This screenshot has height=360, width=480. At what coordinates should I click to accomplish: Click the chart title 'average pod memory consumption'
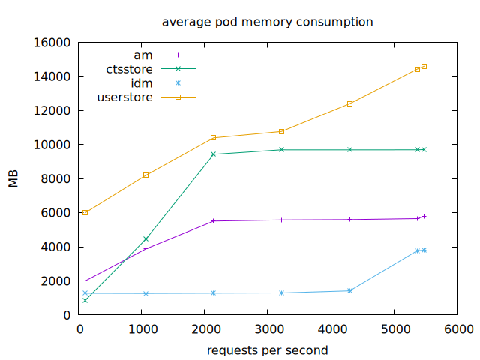267,22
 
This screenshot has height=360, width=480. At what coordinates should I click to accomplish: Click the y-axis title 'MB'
13,179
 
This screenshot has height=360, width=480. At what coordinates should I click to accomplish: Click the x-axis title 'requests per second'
267,349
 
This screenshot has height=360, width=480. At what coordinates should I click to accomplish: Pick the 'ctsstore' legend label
129,69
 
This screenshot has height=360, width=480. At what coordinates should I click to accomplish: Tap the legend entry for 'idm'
142,83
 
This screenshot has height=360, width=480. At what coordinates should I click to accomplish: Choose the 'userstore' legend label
125,97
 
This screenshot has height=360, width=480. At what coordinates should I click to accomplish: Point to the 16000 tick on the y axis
57,43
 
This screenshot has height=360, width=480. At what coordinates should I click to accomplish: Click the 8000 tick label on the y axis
60,179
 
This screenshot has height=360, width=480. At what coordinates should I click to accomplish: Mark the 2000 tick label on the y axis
60,281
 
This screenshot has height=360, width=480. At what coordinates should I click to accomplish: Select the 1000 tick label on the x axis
143,328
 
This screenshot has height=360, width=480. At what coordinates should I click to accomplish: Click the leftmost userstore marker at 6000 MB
85,213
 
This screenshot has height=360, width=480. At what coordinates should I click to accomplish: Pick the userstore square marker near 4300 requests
350,103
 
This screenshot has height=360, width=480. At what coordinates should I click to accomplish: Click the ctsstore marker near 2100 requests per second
214,154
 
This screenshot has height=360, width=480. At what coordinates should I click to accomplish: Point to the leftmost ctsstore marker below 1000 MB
85,301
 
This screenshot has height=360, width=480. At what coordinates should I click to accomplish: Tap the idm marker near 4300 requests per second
350,291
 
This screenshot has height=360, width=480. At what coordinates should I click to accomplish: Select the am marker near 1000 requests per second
145,248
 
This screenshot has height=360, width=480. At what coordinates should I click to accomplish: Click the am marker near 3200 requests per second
282,220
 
